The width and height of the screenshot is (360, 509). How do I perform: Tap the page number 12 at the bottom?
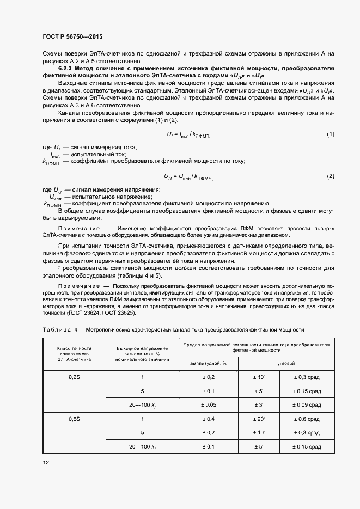[46, 462]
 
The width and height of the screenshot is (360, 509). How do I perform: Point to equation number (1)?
[330, 134]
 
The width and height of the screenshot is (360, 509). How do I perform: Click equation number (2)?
[330, 176]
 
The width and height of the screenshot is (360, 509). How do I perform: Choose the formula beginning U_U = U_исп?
[188, 176]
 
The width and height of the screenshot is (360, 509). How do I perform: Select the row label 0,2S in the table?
[75, 377]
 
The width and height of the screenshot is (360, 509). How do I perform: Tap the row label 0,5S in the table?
[75, 419]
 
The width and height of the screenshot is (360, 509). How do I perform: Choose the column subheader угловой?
[286, 363]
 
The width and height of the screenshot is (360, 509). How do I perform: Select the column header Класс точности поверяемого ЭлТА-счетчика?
[75, 354]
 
